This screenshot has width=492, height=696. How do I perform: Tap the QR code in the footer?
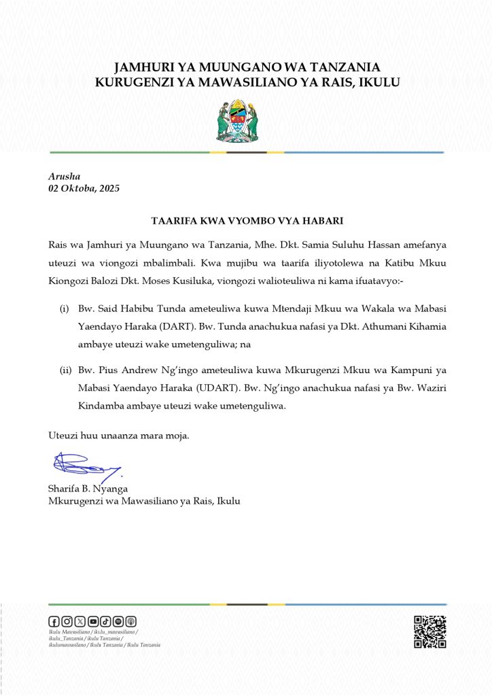click(429, 631)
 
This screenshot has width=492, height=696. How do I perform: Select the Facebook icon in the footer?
click(54, 621)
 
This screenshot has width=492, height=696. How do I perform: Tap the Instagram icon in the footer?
click(67, 621)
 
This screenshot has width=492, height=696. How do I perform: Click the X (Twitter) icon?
click(80, 621)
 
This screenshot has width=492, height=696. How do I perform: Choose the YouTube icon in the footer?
click(93, 621)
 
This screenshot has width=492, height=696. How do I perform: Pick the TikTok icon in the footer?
click(105, 621)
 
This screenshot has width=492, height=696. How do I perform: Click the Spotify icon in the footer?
click(118, 621)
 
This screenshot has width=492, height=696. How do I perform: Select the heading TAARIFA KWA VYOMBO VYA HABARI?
click(246, 221)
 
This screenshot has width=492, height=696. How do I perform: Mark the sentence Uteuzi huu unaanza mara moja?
click(119, 435)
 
